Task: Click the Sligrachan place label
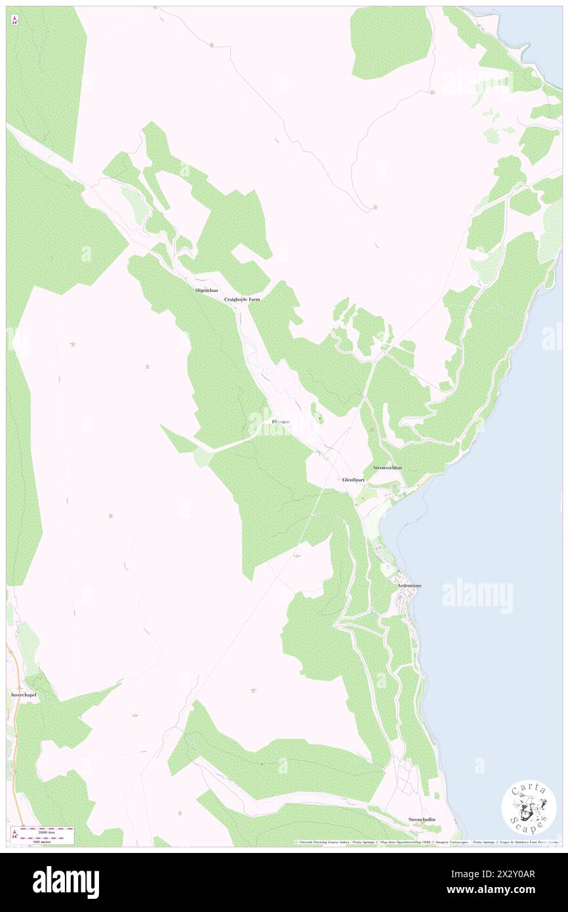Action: click(206, 289)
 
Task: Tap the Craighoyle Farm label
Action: click(242, 299)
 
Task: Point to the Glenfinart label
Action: click(353, 480)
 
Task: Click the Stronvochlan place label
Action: click(387, 468)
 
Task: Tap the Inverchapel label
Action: click(24, 694)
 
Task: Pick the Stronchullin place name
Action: click(422, 819)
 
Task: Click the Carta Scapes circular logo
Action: click(529, 806)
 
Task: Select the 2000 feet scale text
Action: click(46, 829)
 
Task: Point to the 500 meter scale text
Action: click(46, 841)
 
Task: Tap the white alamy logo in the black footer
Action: click(66, 882)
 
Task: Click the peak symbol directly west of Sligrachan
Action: click(72, 344)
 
